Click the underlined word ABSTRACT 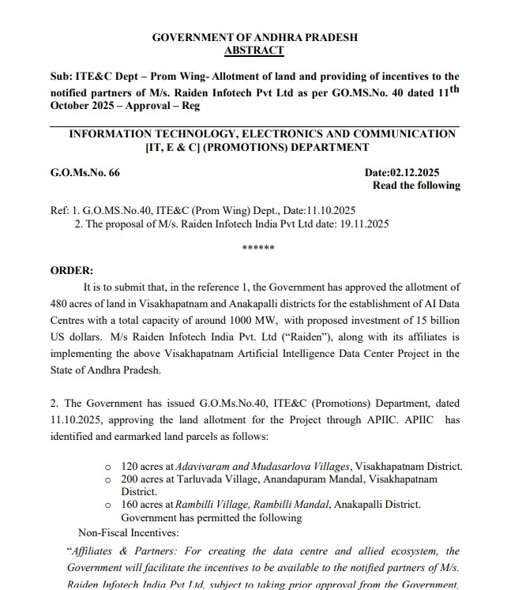253,50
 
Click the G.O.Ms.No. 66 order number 85,172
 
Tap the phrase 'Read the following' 416,185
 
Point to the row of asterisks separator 258,248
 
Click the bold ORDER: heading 72,270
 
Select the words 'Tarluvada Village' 208,479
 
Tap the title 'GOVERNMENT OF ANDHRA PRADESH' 254,37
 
